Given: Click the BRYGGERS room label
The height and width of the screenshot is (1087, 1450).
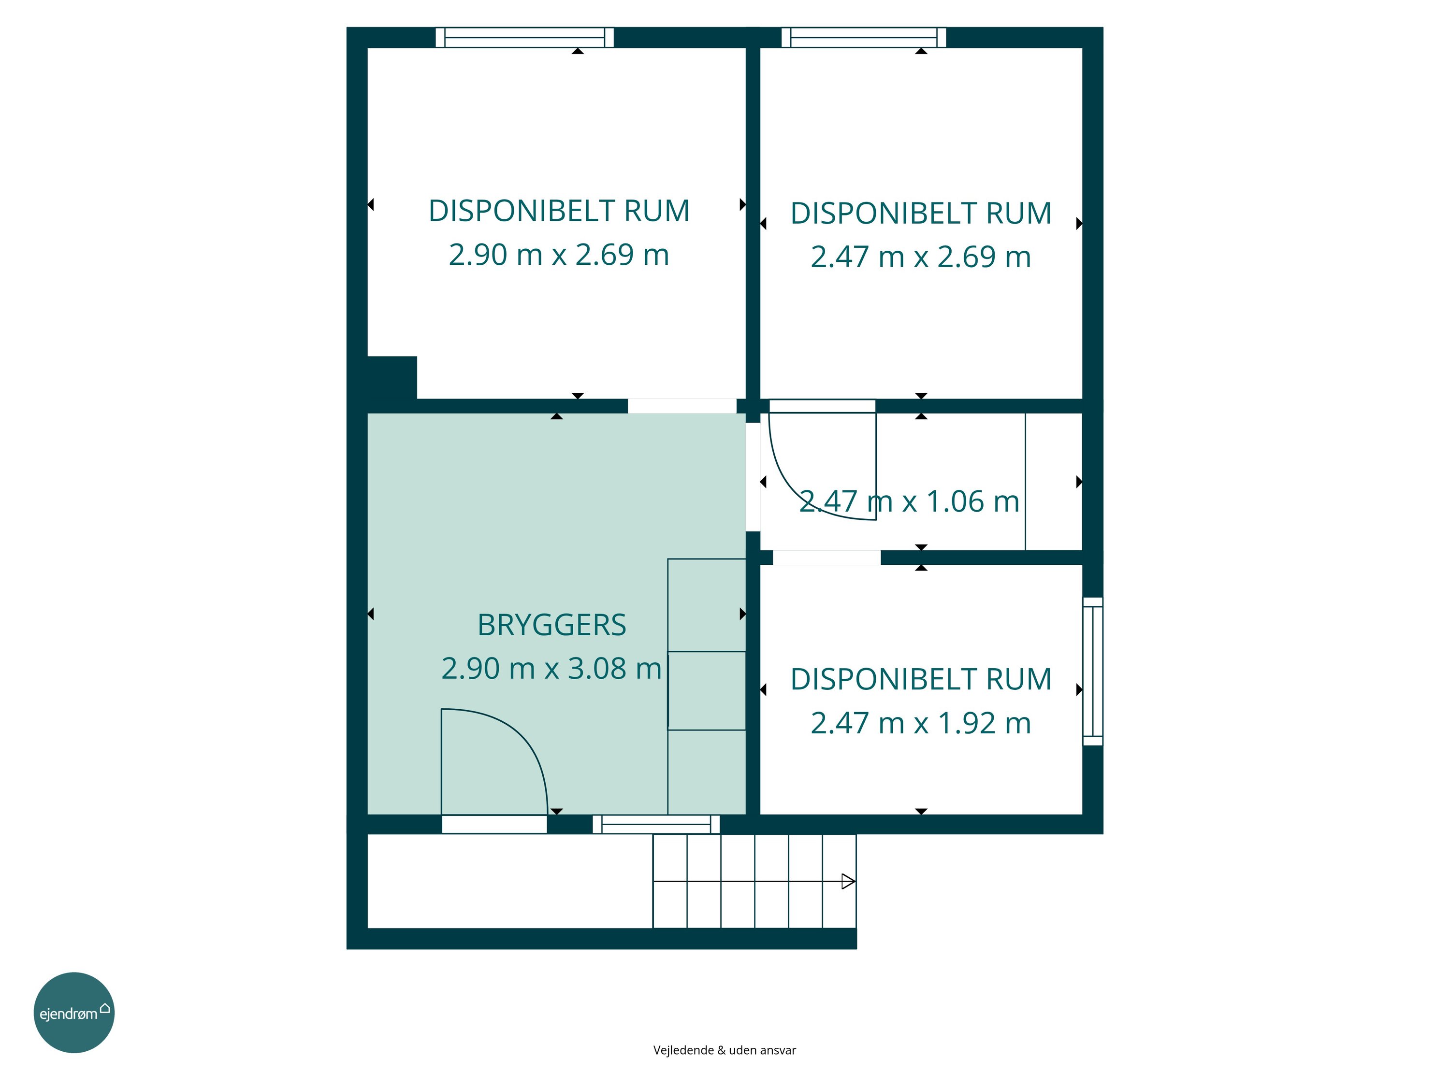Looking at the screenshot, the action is coord(551,625).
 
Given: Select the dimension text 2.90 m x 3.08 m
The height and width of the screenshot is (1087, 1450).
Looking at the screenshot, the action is coord(551,668).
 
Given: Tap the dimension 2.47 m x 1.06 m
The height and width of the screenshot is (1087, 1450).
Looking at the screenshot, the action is coord(909,502).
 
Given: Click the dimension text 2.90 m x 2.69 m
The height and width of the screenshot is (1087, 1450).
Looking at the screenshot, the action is coord(559,255).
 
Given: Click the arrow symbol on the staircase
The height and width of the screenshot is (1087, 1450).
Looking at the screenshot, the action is coord(848,881).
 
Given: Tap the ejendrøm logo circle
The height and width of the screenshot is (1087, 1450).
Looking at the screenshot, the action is coord(74,1012).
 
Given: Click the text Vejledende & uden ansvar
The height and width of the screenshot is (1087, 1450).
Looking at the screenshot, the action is coord(725,1050).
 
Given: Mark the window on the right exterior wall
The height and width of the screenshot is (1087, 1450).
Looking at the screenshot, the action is coord(1093,671).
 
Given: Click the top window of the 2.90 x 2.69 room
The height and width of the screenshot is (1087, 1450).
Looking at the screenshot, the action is coord(524,37).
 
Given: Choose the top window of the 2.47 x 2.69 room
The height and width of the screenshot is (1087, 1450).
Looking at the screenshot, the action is coord(863,37).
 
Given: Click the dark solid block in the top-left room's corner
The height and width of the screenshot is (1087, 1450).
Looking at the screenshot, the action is coord(392,377).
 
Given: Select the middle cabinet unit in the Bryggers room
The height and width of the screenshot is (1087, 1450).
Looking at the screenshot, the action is coord(707,690).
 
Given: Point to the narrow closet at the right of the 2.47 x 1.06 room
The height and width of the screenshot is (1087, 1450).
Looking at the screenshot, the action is coord(1053,482).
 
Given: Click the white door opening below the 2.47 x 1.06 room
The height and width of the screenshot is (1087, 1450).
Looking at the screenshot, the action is coord(826,558).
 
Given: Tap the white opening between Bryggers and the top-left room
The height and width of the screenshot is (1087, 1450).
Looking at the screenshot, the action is coord(681,406).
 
